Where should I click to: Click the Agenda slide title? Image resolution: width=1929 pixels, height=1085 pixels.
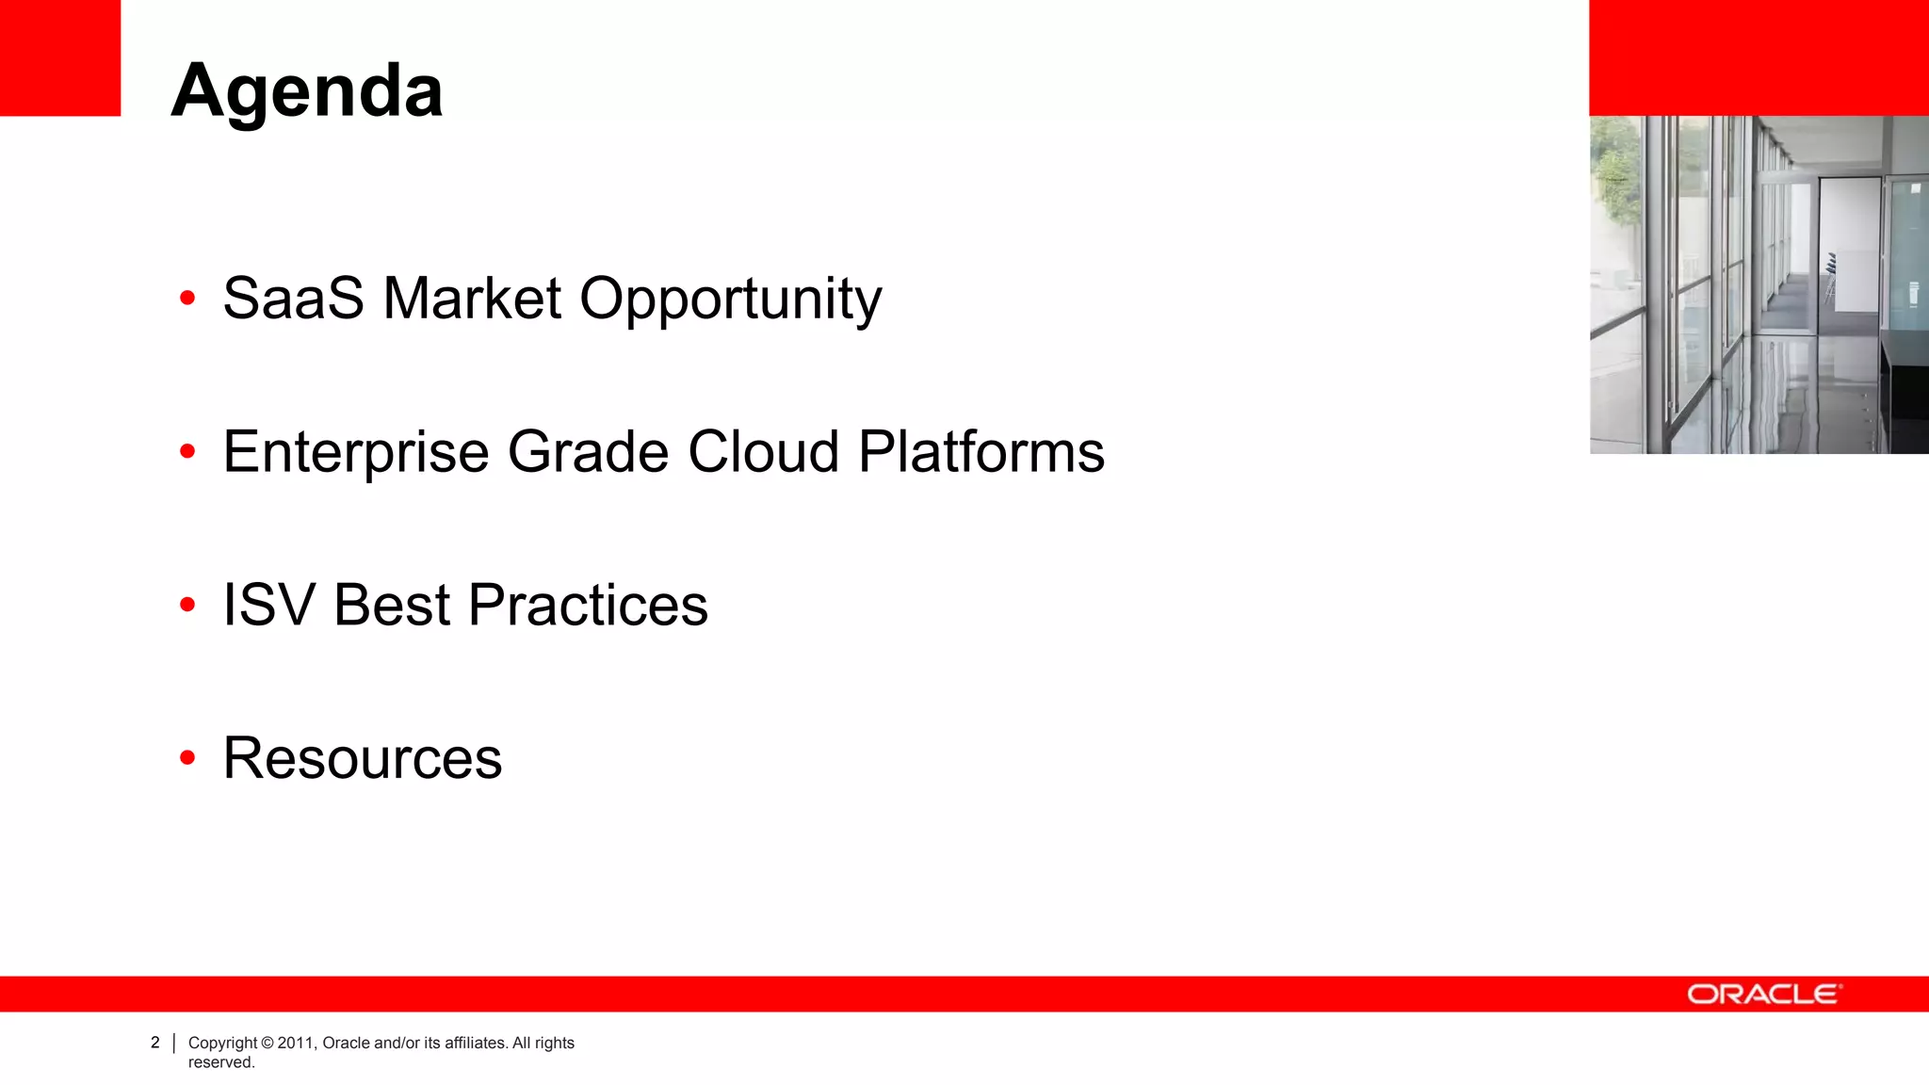307,91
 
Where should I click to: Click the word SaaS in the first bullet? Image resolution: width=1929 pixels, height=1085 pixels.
293,299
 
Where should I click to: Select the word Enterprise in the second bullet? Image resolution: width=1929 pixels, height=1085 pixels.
356,452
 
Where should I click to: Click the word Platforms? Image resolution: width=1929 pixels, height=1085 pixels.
981,452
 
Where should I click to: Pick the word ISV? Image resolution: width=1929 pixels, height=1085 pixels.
268,605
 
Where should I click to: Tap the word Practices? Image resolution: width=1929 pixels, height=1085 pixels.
588,605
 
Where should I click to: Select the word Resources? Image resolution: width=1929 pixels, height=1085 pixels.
363,758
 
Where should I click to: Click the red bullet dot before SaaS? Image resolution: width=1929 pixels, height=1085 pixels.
187,299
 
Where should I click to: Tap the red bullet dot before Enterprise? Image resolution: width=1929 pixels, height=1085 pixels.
187,452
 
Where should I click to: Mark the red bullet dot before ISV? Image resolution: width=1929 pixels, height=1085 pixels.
187,605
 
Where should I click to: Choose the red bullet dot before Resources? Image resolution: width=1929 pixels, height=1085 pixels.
187,758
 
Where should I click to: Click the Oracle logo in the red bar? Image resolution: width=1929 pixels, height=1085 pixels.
1763,995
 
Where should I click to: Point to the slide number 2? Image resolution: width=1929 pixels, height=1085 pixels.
155,1043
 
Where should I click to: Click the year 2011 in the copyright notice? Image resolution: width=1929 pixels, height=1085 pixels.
295,1043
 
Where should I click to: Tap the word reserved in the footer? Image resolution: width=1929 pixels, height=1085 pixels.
221,1062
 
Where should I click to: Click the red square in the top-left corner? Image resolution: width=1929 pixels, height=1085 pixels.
60,57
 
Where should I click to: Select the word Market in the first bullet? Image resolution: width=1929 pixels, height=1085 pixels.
472,299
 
